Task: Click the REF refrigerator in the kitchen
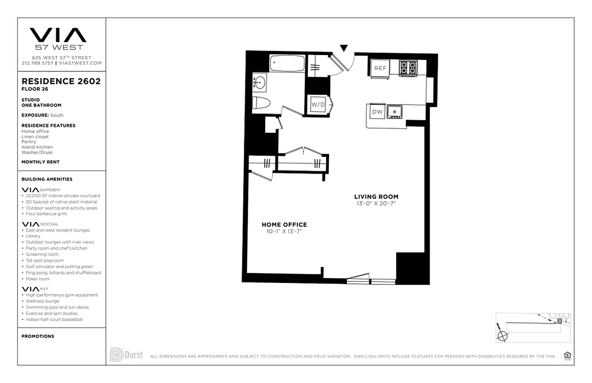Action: [380, 68]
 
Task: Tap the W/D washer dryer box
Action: [318, 104]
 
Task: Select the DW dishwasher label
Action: [377, 112]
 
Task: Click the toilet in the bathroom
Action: [262, 102]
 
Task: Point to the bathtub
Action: [287, 63]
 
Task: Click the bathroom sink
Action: [259, 82]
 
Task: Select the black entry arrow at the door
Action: [343, 48]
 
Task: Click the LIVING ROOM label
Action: [376, 197]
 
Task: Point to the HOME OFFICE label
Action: [284, 225]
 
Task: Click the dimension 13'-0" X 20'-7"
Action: [376, 203]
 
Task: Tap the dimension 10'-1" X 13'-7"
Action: [284, 231]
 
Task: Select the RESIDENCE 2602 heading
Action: [61, 81]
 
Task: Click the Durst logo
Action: [126, 355]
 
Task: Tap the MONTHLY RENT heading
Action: [40, 162]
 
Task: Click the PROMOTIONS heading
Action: [38, 336]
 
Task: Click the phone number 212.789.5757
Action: [37, 63]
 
